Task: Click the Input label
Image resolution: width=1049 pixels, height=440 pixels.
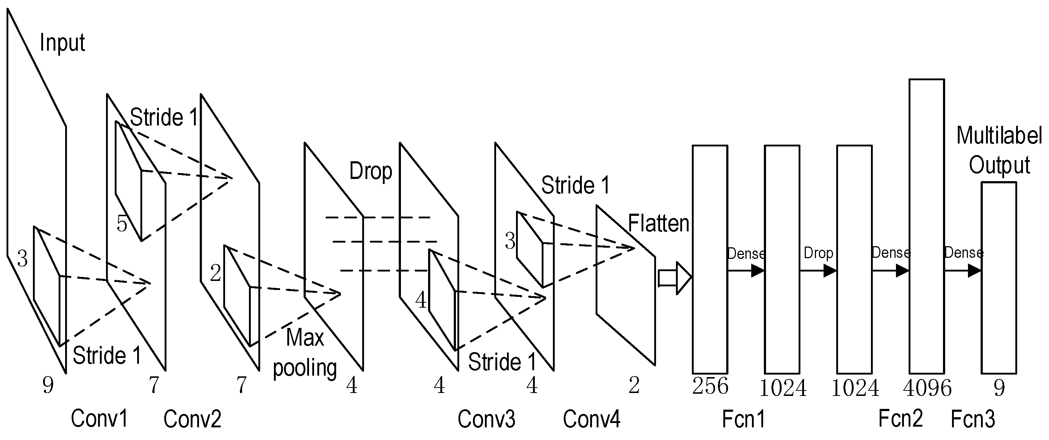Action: point(62,43)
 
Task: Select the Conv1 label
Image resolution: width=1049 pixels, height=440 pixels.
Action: point(100,418)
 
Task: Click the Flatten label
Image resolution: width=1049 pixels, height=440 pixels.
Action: point(658,223)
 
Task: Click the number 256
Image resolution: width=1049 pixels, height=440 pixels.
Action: point(710,386)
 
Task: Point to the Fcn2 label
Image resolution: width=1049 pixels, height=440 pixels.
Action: point(900,418)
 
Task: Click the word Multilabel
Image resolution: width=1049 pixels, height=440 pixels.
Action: point(999,136)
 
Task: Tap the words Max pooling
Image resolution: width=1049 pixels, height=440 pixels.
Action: point(305,353)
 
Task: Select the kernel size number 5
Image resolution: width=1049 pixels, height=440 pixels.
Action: point(122,224)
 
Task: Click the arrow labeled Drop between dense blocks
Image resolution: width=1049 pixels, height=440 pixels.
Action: point(818,271)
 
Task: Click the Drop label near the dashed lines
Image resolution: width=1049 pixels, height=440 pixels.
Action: point(371,171)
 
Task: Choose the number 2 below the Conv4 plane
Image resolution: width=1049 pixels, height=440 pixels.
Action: point(634,385)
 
